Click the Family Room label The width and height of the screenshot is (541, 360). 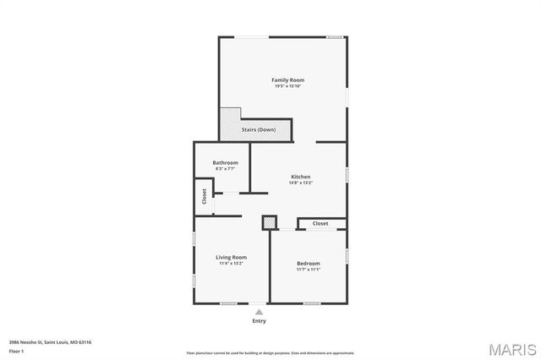[287, 79]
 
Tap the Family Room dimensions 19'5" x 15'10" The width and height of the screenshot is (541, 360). [287, 86]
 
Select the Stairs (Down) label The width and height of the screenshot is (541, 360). [259, 129]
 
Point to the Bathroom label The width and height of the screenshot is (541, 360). [225, 162]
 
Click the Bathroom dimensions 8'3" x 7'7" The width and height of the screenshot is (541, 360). [225, 169]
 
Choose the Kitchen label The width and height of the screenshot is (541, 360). [301, 176]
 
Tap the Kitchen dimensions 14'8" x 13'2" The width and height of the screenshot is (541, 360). [301, 183]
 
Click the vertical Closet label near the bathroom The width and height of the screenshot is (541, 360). [204, 196]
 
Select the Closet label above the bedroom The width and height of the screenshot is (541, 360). [320, 223]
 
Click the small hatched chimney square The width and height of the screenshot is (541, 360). [269, 222]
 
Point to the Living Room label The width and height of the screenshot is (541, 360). [231, 257]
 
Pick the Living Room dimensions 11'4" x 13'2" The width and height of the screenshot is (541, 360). [231, 264]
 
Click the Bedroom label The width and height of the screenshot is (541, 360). [308, 264]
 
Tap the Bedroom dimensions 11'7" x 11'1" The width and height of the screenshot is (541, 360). [308, 270]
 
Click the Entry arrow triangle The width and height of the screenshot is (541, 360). [259, 312]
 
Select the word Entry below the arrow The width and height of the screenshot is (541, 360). [259, 321]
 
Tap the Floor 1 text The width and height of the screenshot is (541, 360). [16, 350]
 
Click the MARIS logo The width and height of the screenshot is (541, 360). [511, 348]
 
